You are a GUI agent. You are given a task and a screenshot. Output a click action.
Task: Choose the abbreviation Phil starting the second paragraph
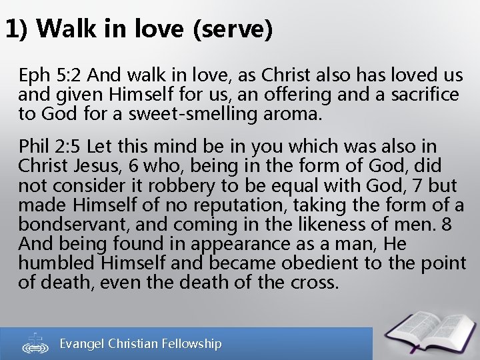pyautogui.click(x=34, y=146)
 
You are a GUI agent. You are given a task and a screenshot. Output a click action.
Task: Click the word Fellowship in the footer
pyautogui.click(x=189, y=344)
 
